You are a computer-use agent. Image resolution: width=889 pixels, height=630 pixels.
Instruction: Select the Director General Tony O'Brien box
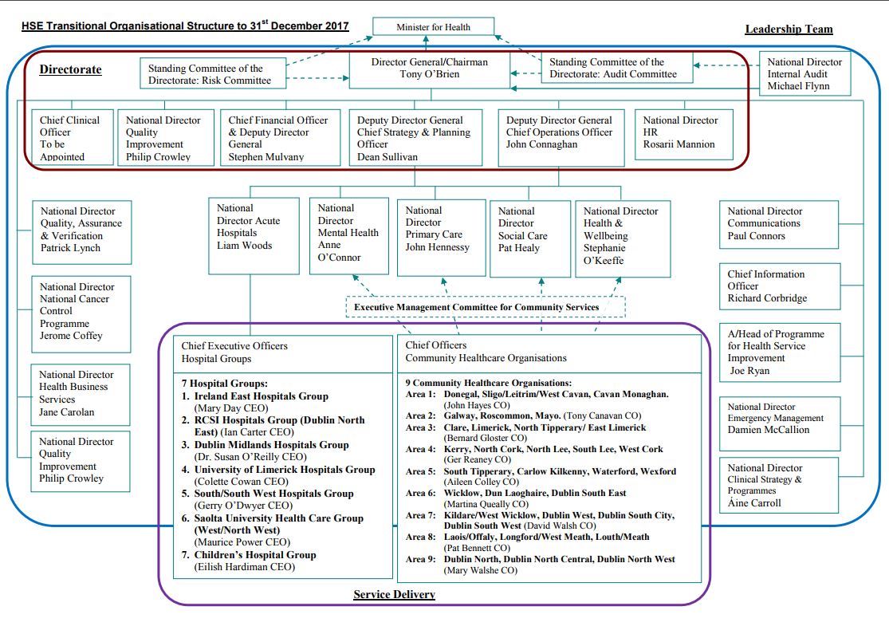point(430,69)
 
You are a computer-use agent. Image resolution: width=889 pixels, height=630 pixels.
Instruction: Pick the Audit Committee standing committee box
point(612,69)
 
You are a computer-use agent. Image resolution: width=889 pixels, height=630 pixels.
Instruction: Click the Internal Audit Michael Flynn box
point(804,74)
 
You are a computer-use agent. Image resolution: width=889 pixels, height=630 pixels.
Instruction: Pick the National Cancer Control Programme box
point(81,312)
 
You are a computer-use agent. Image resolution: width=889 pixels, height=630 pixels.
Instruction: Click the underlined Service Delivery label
point(394,594)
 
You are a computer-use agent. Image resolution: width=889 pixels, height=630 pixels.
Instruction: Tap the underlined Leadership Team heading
point(789,30)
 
